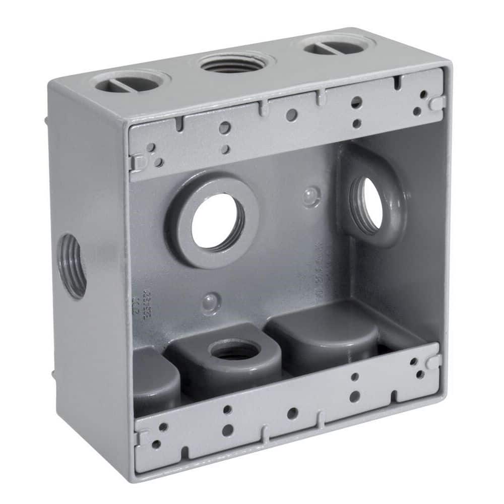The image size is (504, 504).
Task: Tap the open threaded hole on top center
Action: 230,64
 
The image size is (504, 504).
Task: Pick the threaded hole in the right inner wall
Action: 368,204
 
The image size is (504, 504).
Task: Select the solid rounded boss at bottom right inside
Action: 325,335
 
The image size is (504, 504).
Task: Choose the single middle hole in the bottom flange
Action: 292,413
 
